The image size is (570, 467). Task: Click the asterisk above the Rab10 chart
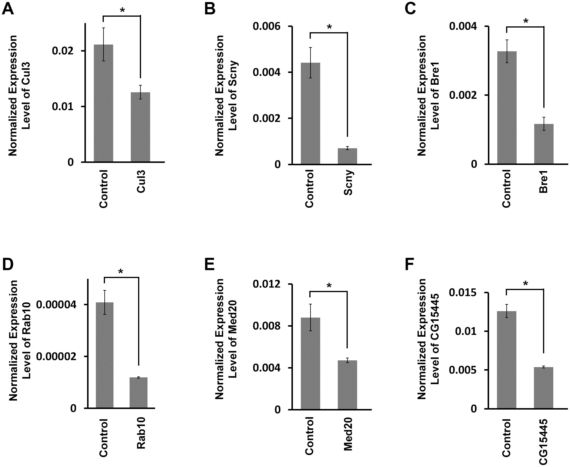click(x=121, y=272)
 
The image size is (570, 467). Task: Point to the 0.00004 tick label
click(x=57, y=305)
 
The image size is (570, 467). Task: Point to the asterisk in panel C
click(x=525, y=21)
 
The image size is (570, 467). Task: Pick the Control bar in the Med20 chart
click(x=310, y=363)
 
